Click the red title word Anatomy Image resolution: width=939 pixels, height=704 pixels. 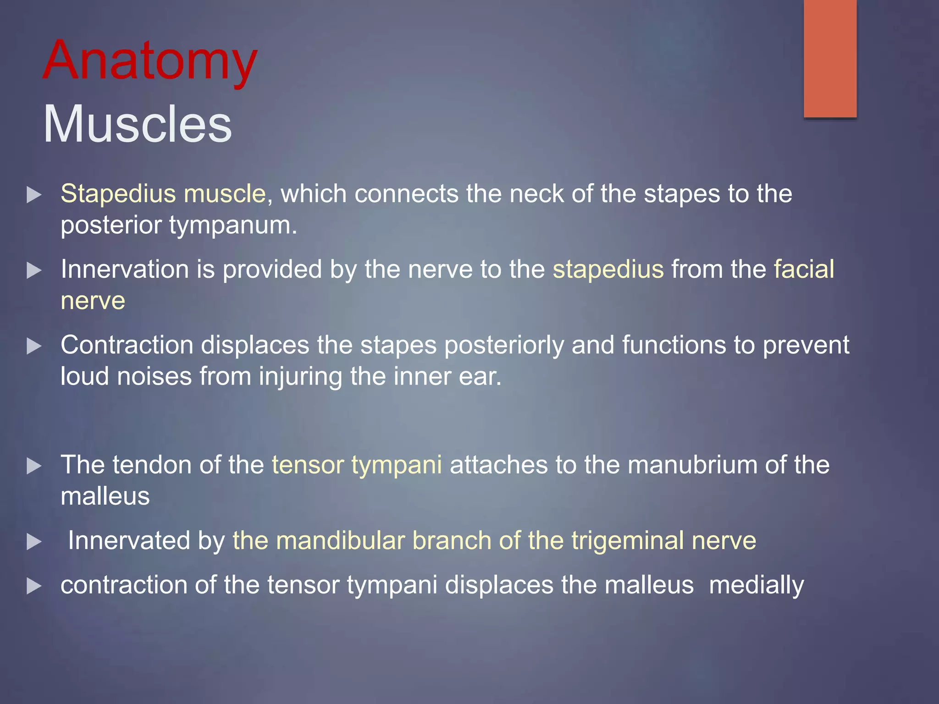pos(150,61)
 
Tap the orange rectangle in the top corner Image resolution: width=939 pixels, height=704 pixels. pos(830,58)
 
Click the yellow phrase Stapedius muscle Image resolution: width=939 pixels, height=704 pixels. pos(163,193)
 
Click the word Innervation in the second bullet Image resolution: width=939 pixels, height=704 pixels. pos(124,269)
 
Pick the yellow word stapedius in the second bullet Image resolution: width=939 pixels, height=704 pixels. pos(608,269)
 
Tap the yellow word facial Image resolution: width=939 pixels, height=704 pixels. pos(804,269)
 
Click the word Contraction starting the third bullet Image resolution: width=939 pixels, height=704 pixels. pos(127,345)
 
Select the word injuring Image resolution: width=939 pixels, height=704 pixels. pos(300,376)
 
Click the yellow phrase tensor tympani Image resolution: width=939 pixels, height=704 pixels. pos(357,465)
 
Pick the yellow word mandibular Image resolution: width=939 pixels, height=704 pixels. pos(341,540)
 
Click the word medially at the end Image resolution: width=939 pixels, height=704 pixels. pos(756,585)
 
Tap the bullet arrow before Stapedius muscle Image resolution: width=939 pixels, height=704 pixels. pos(34,195)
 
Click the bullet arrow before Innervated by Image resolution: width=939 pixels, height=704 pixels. pos(34,542)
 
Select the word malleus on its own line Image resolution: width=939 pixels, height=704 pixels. pos(105,496)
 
